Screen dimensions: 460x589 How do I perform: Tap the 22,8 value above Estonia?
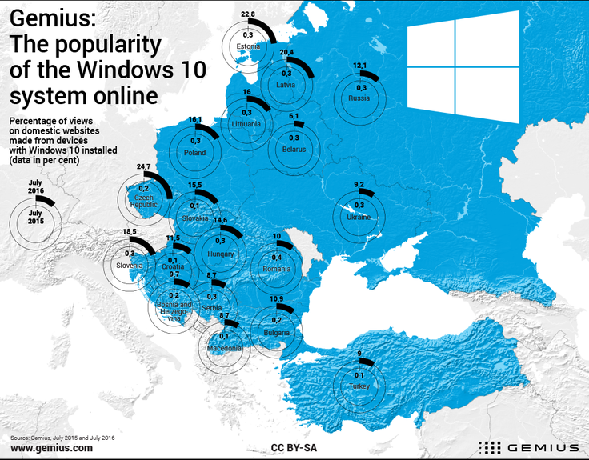click(x=248, y=14)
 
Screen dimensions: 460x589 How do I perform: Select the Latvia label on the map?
click(x=286, y=84)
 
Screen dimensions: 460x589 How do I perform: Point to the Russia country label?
click(x=359, y=98)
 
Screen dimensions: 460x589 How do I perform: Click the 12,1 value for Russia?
click(x=359, y=66)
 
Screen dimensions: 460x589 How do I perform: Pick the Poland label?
click(x=194, y=152)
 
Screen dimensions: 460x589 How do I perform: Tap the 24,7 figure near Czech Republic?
click(x=144, y=166)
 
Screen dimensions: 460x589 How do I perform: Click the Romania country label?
click(x=277, y=270)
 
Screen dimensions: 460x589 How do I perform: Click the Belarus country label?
click(x=294, y=148)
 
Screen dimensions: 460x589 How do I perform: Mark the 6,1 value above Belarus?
click(x=294, y=117)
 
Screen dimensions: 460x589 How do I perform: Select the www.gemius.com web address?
click(x=51, y=449)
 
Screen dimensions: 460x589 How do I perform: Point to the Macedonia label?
click(x=224, y=348)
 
